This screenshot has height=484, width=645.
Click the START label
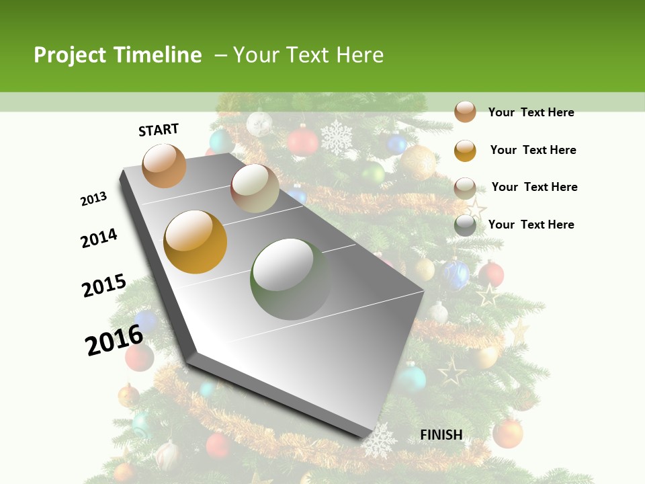click(159, 130)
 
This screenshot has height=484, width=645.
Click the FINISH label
click(441, 435)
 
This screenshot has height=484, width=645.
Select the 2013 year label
click(94, 198)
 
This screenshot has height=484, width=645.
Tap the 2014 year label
click(99, 238)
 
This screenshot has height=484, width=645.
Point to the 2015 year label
click(104, 286)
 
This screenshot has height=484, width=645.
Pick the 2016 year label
click(114, 340)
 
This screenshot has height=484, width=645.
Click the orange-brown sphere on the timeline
click(164, 165)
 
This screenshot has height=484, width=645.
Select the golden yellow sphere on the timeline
click(196, 242)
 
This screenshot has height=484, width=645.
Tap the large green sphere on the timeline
click(290, 278)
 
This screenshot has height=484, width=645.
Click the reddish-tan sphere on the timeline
click(255, 188)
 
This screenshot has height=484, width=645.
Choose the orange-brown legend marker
click(465, 112)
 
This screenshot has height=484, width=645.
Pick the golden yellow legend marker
click(465, 150)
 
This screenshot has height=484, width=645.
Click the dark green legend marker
click(465, 225)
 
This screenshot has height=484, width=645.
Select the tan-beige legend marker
click(465, 188)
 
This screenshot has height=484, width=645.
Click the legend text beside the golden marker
click(533, 150)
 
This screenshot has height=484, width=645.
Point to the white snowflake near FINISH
click(379, 441)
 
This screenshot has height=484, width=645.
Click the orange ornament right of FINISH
click(507, 434)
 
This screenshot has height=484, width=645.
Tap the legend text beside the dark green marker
click(531, 225)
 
